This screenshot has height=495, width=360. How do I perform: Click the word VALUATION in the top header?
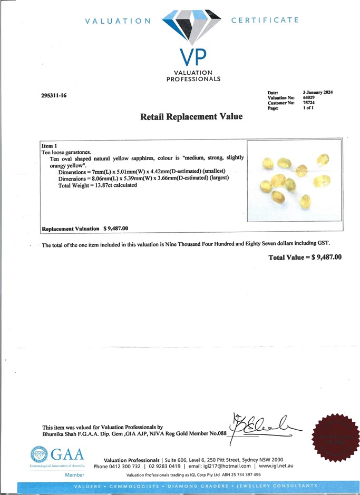pos(118,21)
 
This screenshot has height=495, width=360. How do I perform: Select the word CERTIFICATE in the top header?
pos(265,20)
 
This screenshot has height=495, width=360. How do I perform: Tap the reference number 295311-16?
pos(54,96)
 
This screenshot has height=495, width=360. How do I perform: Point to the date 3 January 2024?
pos(318,92)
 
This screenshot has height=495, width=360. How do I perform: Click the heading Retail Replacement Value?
pos(191,117)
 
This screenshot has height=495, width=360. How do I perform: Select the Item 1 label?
pos(49,145)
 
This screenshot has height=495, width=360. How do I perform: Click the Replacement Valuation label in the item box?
pos(70,229)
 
